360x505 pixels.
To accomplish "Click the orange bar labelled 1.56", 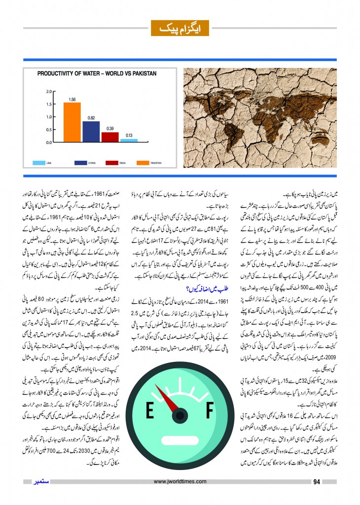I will (72, 122).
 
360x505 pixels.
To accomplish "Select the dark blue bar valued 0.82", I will (91, 131).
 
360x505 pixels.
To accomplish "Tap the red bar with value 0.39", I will (110, 137).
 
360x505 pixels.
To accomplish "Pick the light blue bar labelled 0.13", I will (129, 140).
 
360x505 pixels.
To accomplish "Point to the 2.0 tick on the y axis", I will (48, 92).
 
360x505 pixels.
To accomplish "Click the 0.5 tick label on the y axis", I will (48, 130).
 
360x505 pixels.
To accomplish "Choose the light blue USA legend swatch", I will (40, 162).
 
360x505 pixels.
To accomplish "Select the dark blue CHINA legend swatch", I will (81, 162).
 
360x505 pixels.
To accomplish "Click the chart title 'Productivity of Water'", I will (97, 73).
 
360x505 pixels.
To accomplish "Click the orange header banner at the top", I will (180, 28).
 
